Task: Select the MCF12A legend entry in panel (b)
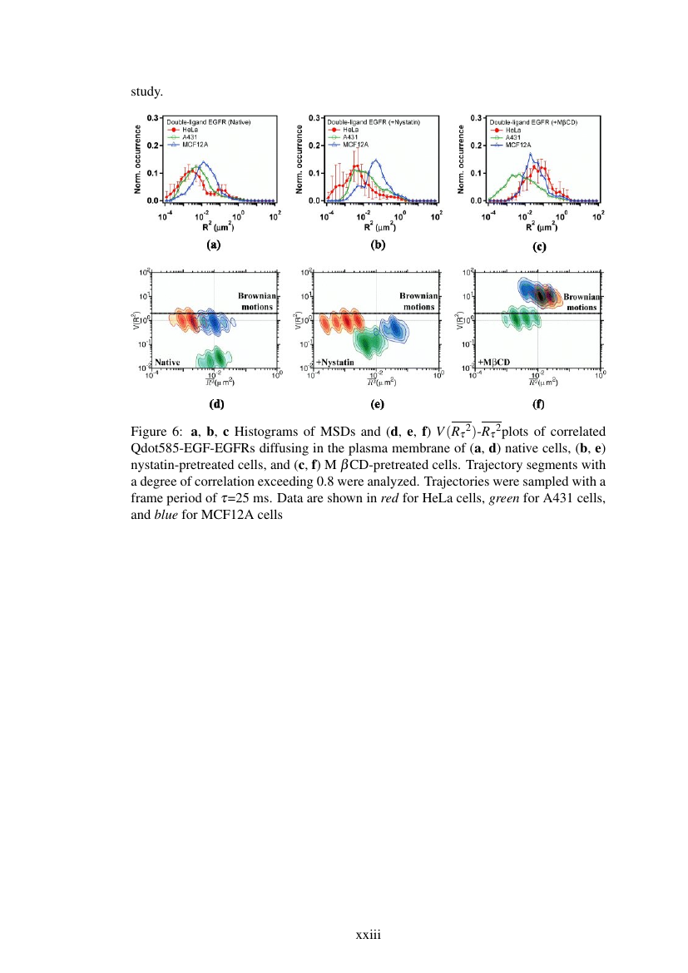349,144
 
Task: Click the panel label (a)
214,245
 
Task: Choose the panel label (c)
537,247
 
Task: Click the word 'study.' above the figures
146,91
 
